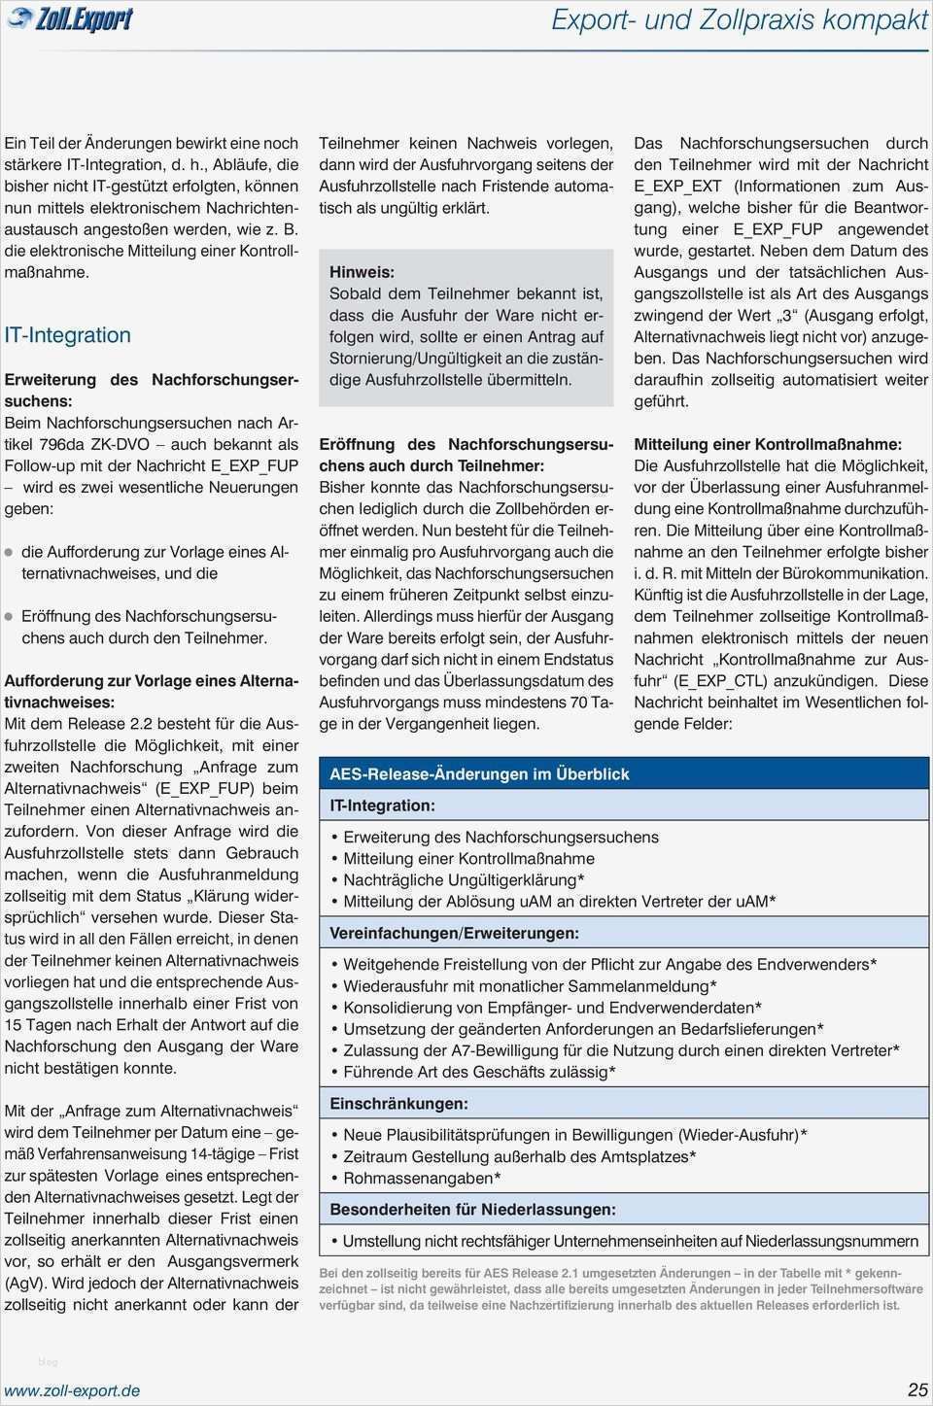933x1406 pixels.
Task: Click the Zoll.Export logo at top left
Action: (70, 19)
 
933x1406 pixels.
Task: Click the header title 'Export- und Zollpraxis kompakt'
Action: (740, 19)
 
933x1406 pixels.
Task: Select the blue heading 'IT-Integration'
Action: (67, 335)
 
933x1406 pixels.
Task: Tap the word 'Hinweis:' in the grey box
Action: (362, 272)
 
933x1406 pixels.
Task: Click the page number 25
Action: (917, 1389)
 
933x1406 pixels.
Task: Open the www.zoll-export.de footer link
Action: (72, 1390)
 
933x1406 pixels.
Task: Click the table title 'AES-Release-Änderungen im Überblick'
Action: (479, 774)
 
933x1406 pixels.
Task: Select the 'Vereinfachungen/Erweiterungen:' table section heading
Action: (454, 933)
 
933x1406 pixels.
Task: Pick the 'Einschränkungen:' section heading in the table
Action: (398, 1104)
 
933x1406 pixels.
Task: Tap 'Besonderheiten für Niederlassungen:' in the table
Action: (472, 1210)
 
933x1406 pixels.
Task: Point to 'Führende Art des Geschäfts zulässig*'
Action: (479, 1072)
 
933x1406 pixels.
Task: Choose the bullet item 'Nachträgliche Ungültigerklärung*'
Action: (464, 880)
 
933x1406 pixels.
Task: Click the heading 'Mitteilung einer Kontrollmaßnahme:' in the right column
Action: (768, 444)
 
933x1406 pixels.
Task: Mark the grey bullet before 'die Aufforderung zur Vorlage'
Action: (10, 552)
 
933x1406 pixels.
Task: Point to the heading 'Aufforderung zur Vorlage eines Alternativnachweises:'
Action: (151, 691)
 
